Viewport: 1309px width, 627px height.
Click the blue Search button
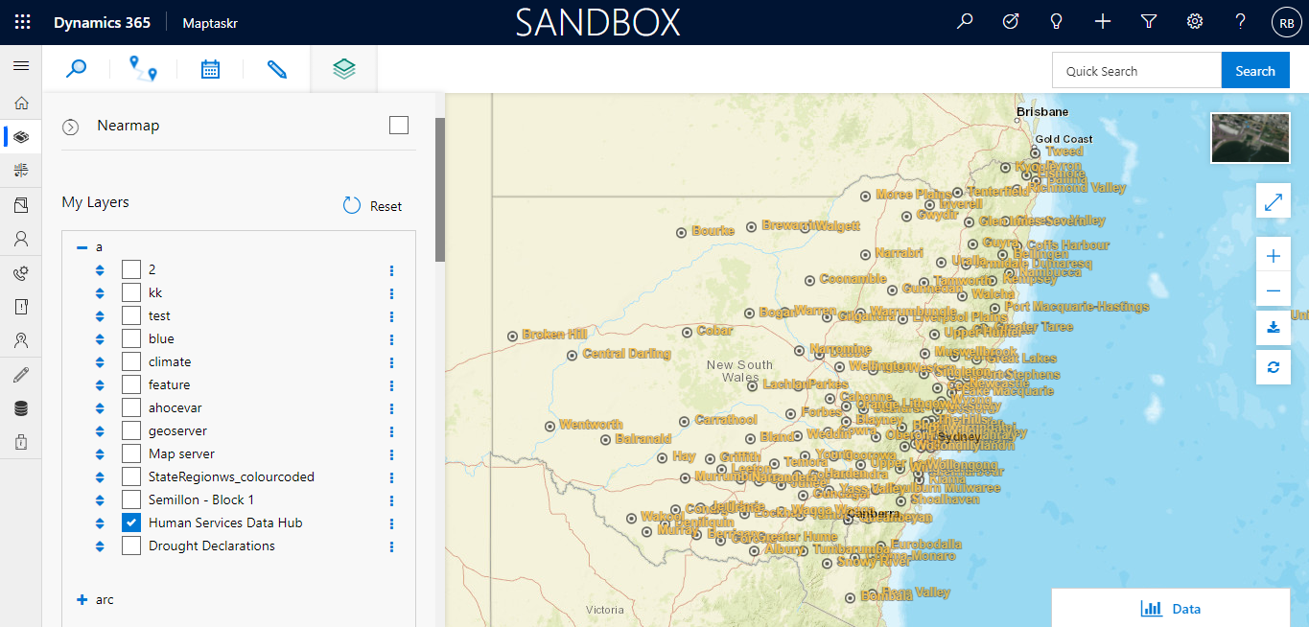pyautogui.click(x=1254, y=71)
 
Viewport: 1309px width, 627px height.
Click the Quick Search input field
pyautogui.click(x=1136, y=71)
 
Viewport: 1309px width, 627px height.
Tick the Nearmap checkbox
pyautogui.click(x=399, y=126)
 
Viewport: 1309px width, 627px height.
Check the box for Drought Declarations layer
pyautogui.click(x=131, y=546)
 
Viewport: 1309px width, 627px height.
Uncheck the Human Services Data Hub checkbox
pyautogui.click(x=131, y=522)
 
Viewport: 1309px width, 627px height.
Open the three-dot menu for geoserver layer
pyautogui.click(x=391, y=431)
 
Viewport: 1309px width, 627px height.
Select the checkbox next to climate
pyautogui.click(x=131, y=361)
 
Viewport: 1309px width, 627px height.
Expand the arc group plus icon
pyautogui.click(x=82, y=600)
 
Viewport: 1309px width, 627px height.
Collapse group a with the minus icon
pyautogui.click(x=82, y=247)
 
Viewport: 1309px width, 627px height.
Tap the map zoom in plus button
pyautogui.click(x=1273, y=256)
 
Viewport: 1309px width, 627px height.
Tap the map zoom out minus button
pyautogui.click(x=1273, y=290)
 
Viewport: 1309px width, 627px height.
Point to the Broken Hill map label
pyautogui.click(x=554, y=336)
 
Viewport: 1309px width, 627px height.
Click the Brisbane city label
pyautogui.click(x=1041, y=112)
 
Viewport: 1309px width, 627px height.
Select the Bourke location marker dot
pyautogui.click(x=682, y=232)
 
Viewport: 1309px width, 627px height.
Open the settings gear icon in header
pyautogui.click(x=1194, y=21)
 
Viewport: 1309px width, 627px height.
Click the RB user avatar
pyautogui.click(x=1285, y=22)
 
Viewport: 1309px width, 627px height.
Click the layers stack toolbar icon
pyautogui.click(x=344, y=69)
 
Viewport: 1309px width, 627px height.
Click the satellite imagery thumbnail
pyautogui.click(x=1250, y=138)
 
